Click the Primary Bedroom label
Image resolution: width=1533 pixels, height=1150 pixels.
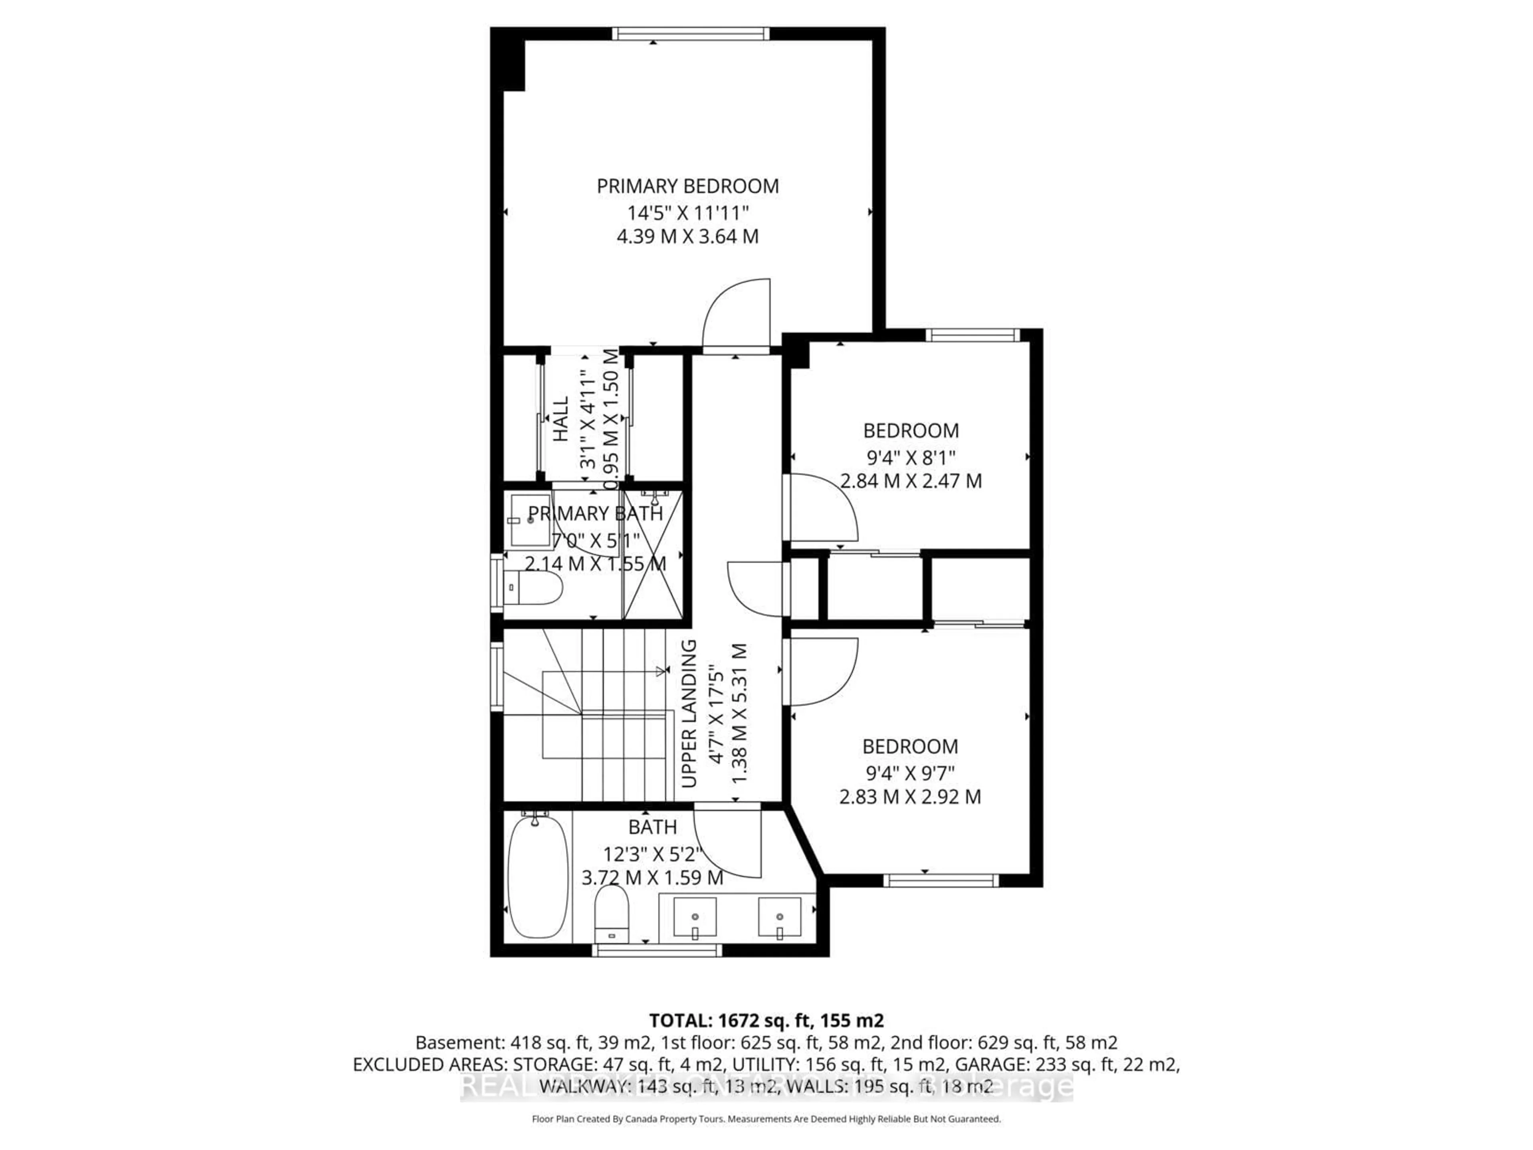click(687, 186)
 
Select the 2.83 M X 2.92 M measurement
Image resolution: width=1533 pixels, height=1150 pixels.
click(910, 797)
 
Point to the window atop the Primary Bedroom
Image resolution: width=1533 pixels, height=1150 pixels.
click(690, 33)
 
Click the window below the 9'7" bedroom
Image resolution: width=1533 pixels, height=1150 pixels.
click(941, 880)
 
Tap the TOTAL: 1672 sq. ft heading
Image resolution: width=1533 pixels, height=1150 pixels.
click(766, 1020)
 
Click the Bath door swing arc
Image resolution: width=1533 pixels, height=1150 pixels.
click(728, 842)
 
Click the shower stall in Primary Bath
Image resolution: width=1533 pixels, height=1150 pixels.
click(652, 555)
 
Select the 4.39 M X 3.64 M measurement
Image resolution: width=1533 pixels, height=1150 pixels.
click(687, 236)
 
